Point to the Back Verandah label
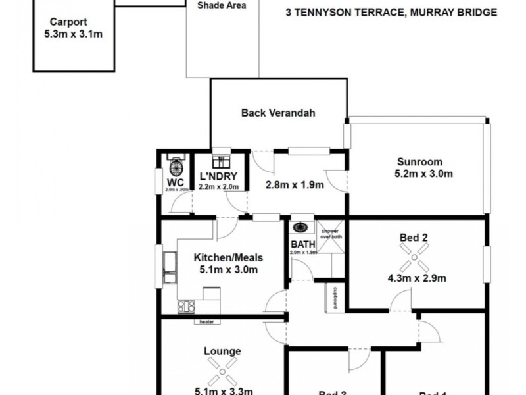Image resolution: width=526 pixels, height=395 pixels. pos(278,113)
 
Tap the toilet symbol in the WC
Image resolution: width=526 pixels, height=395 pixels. pos(175,165)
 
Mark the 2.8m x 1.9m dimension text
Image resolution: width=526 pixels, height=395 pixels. pos(295,185)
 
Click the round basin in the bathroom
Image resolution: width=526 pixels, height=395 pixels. pos(301,228)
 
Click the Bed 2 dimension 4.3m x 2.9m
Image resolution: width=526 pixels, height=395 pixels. pos(416,278)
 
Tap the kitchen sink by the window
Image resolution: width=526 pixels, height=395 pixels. pos(170,267)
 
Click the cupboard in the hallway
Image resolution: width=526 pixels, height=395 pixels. pos(335,298)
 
